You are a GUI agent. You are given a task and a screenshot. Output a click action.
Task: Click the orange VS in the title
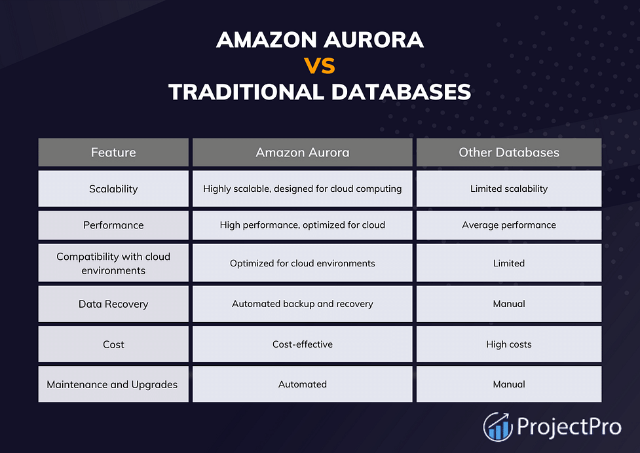pos(320,65)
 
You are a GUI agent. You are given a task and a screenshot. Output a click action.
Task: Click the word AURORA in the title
pos(373,39)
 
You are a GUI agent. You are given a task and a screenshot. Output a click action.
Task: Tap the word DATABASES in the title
pos(401,92)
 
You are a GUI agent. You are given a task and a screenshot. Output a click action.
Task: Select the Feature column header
pos(113,152)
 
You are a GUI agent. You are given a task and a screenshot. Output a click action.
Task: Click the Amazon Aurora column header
pos(303,152)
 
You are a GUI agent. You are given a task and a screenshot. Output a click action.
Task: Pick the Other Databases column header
pos(509,152)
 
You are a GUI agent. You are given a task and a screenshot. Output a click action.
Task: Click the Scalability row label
pos(113,189)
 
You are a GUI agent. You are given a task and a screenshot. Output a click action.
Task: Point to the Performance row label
pos(113,225)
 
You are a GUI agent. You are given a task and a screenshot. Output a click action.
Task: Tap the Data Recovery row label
pos(113,304)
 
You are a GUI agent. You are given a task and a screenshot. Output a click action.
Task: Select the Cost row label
pos(113,344)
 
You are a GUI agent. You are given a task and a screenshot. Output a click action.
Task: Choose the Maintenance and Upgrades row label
pos(112,384)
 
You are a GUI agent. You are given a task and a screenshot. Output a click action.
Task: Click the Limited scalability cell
pos(509,189)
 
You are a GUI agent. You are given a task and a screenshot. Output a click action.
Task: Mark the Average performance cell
pos(509,225)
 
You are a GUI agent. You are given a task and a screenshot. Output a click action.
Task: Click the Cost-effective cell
pos(303,344)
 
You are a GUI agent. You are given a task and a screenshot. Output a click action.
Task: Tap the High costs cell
pos(509,344)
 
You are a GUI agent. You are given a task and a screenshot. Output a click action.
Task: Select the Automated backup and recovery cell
pos(303,304)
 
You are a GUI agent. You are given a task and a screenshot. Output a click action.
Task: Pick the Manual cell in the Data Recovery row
pos(509,304)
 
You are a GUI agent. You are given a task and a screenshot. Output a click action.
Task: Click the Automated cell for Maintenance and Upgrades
pos(303,384)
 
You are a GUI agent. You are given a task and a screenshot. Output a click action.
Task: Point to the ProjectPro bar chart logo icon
pos(498,427)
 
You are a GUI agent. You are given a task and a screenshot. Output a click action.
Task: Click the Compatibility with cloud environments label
pos(113,263)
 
